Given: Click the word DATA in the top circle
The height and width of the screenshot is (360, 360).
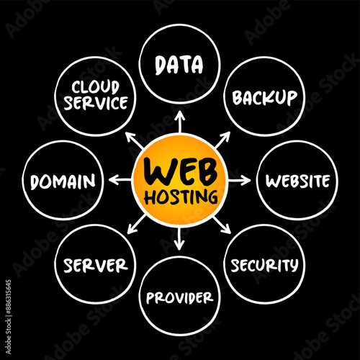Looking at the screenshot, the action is click(179, 65).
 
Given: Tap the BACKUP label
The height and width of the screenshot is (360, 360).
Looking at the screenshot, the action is click(264, 98).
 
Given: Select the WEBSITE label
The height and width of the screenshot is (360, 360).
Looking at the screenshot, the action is click(297, 181).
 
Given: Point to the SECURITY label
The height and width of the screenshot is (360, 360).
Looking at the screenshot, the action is click(264, 265).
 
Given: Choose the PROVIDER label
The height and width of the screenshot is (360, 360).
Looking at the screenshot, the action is click(179, 297).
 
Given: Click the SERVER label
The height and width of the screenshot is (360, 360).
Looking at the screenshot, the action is click(96, 266).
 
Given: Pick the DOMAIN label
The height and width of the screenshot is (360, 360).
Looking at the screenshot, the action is click(63, 181).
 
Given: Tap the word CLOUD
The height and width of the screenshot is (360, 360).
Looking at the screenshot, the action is click(96, 87).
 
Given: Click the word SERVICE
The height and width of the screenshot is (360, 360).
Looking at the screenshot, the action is click(96, 103).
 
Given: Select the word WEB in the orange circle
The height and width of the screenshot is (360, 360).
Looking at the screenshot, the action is click(181, 171).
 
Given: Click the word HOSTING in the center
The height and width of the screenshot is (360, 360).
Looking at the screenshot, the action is click(181, 197).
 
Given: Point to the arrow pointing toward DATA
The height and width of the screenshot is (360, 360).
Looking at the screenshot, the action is click(179, 122).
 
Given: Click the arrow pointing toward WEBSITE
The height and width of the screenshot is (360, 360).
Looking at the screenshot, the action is click(239, 180).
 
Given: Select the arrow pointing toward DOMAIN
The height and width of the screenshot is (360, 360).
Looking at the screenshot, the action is click(120, 180).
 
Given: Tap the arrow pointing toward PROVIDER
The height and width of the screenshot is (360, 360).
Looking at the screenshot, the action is click(179, 238).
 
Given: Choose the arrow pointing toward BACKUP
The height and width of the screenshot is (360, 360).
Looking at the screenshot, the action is click(222, 140).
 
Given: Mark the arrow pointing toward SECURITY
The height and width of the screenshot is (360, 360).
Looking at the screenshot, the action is click(222, 225).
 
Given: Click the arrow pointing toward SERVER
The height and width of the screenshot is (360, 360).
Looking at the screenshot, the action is click(137, 224).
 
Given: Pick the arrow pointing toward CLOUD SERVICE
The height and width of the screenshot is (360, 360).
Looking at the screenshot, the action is click(135, 140).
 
